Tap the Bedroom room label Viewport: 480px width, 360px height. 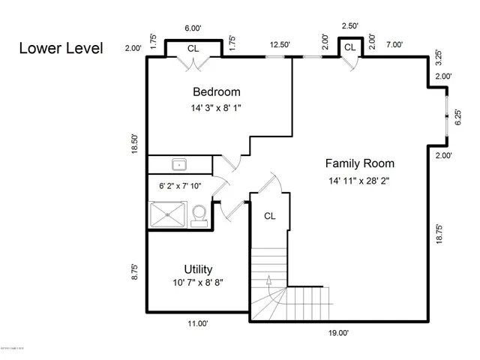pos(217,92)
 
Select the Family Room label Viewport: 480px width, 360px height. pos(359,163)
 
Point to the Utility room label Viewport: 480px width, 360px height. pos(198,269)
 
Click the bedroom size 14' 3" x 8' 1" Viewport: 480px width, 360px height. pos(216,108)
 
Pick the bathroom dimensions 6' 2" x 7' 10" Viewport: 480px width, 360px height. pos(181,187)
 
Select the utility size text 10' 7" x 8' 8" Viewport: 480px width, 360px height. pos(197,283)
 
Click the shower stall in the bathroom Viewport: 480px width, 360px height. pos(166,216)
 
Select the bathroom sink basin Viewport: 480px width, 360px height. pos(178,164)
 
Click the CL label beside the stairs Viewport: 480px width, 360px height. pos(270,216)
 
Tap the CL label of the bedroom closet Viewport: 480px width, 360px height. pos(193,48)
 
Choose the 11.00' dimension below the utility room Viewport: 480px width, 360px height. pos(197,323)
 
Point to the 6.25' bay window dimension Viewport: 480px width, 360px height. pos(458,117)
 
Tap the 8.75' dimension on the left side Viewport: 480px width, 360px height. pos(134,271)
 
